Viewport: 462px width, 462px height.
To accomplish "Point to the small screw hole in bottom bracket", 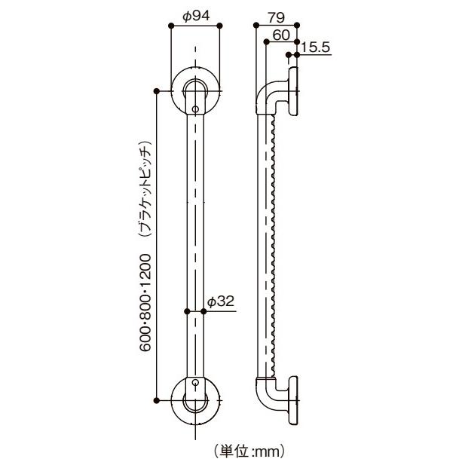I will tap(196, 383).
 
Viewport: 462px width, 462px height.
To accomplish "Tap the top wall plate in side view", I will tap(293, 92).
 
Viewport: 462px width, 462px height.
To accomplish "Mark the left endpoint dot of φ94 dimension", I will tap(172, 26).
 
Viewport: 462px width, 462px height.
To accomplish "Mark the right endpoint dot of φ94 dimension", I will tap(220, 26).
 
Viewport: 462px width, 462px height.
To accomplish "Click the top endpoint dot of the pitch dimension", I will tap(157, 91).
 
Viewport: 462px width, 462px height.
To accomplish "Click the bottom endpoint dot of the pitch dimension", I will tap(157, 398).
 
